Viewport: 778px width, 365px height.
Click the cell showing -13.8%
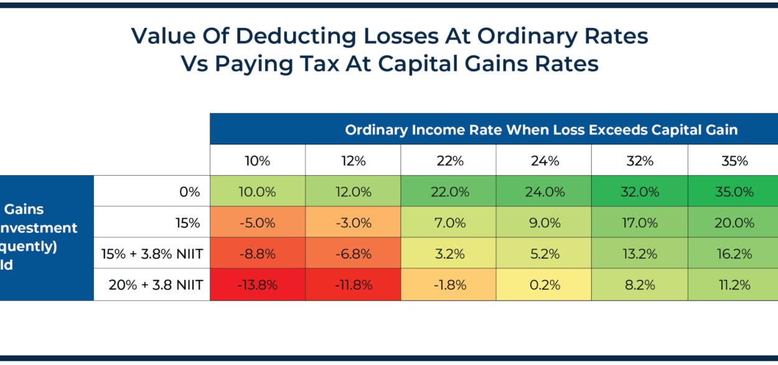(x=258, y=285)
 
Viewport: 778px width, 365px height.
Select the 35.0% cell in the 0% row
(x=734, y=191)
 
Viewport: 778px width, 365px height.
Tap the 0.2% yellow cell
(x=544, y=285)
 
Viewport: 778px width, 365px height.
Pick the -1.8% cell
(x=448, y=285)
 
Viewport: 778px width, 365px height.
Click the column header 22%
(x=448, y=161)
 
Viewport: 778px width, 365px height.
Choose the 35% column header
(x=734, y=161)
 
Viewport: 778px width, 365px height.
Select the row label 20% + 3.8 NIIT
(x=155, y=285)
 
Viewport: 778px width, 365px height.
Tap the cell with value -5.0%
(x=258, y=222)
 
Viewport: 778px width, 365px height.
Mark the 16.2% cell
(x=734, y=254)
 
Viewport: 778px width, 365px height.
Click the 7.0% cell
(x=448, y=222)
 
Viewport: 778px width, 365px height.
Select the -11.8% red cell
(x=353, y=285)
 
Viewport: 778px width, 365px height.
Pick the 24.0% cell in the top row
(x=544, y=191)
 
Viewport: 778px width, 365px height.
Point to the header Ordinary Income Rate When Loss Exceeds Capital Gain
(x=541, y=130)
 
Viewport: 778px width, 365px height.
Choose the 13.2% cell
(x=639, y=254)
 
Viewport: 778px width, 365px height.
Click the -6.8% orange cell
(x=353, y=254)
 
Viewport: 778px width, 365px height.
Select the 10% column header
(x=258, y=161)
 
